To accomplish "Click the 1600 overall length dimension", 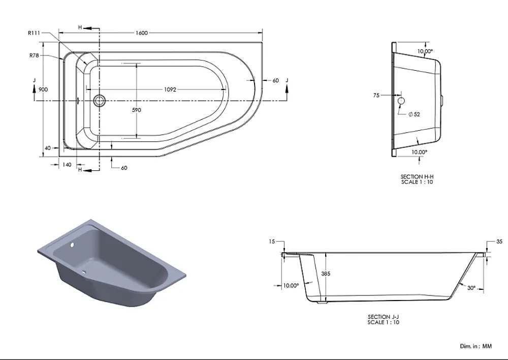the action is click(x=142, y=33).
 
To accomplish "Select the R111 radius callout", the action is click(x=34, y=33).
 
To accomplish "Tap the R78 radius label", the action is click(x=34, y=55).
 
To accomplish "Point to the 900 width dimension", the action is click(x=43, y=89).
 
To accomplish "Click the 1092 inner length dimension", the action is click(x=170, y=89).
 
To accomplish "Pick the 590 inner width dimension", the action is click(x=136, y=110).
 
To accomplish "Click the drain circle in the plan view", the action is click(x=100, y=101).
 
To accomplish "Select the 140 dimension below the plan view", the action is click(x=67, y=165).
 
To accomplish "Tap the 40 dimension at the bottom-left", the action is click(x=48, y=148).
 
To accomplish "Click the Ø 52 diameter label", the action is click(x=414, y=114).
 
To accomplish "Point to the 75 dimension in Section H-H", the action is click(x=376, y=96).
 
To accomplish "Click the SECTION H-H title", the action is click(x=417, y=177).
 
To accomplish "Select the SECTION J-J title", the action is click(x=383, y=317).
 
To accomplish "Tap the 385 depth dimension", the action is click(x=326, y=274).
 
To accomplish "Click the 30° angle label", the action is click(x=471, y=288).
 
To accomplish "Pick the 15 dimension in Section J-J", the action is click(x=272, y=242).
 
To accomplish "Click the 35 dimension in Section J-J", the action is click(x=499, y=242).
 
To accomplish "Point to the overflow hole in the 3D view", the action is click(x=72, y=245).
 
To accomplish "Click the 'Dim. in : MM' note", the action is click(x=475, y=346).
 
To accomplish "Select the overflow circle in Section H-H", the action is click(x=401, y=101).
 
